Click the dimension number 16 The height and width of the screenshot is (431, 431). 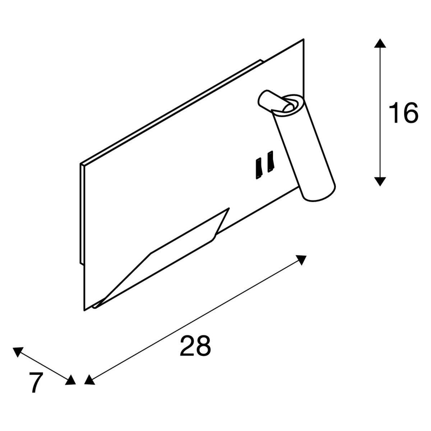pos(403,112)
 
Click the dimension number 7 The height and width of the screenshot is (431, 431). pos(36,382)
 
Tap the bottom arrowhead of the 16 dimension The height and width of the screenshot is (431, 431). pos(380,181)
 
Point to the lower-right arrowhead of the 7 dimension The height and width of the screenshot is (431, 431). pos(71,380)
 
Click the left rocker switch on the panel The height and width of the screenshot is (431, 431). pos(259,168)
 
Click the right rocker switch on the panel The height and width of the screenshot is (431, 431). pos(270,162)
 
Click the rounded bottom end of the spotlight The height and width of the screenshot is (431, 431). pos(320,194)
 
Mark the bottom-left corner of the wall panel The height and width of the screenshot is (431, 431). pos(84,311)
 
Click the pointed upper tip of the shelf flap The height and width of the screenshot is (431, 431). pos(229,208)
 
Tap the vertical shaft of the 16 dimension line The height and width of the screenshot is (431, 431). pos(380,112)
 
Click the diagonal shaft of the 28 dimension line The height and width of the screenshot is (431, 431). pos(195,320)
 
